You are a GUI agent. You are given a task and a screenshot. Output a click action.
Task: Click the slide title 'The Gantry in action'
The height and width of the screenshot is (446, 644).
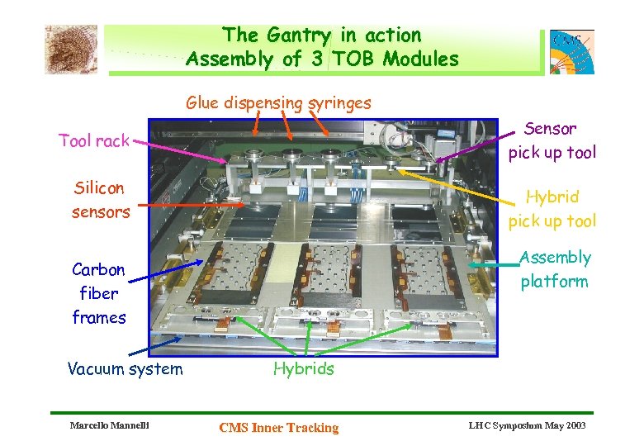point(322,35)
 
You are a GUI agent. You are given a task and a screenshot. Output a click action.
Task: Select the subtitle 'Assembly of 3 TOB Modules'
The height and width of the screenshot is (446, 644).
point(322,59)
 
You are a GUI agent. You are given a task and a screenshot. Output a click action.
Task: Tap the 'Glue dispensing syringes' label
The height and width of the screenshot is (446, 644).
point(278,103)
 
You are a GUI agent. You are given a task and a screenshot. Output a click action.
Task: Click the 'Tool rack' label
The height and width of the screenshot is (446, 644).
point(94,140)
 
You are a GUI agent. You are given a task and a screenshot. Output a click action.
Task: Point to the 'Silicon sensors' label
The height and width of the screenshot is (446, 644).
point(100,200)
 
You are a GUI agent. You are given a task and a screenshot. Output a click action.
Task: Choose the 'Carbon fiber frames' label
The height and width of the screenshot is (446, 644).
point(98,293)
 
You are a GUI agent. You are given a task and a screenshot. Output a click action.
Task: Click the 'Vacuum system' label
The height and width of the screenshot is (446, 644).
point(125,368)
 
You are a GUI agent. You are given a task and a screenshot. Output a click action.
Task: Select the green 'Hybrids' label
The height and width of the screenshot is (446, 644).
point(303,368)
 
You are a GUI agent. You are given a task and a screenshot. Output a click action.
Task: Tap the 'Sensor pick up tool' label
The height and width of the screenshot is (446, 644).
point(551,140)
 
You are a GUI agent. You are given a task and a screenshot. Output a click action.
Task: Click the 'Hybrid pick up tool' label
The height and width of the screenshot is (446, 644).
point(551,209)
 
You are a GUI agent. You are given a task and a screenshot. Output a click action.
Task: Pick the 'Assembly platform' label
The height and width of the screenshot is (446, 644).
point(554,269)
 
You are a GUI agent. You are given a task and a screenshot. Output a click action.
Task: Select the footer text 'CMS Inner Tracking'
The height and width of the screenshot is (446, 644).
point(278,427)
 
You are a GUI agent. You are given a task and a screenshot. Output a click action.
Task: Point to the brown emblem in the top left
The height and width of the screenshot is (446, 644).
point(71,49)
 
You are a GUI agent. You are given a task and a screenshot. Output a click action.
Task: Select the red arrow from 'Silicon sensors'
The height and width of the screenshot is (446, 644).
point(190,203)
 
